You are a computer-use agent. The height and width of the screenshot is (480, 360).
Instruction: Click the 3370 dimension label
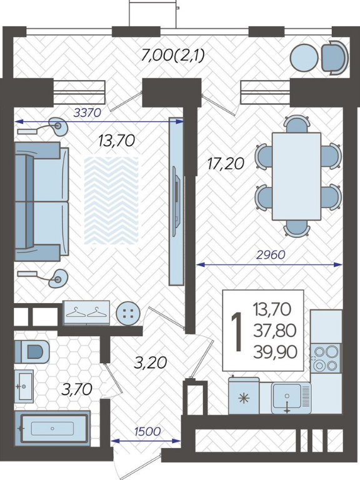point(87,113)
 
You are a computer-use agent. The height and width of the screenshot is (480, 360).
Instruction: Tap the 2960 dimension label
point(271,255)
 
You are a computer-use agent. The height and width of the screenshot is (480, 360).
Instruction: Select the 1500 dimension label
point(147,431)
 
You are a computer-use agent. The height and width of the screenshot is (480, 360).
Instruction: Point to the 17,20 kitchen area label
point(226,164)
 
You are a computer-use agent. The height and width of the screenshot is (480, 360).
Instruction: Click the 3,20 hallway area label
point(151,362)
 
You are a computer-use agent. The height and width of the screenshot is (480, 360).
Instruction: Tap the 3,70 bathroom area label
point(77,390)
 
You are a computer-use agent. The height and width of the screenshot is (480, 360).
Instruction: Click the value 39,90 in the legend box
point(275,352)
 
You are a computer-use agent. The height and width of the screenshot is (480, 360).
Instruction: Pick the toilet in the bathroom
point(32,351)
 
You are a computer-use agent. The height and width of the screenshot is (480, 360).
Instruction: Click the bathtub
point(52,428)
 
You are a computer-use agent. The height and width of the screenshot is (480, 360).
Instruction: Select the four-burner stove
point(326,358)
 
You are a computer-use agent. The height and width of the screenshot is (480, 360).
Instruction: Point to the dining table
point(296,176)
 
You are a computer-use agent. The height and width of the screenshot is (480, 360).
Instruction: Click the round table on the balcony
point(304,57)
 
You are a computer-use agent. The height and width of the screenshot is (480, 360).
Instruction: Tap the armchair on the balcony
point(334,57)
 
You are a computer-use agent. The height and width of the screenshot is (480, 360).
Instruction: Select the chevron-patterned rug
point(111,201)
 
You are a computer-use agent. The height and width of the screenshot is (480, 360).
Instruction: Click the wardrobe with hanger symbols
point(86,312)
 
